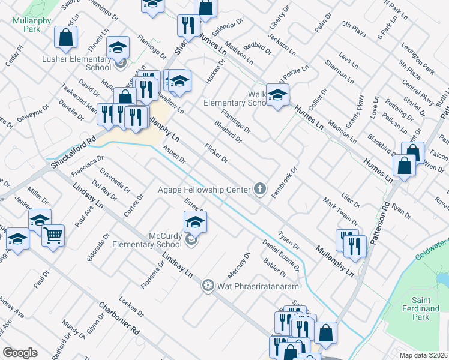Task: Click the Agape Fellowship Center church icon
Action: click(x=260, y=190)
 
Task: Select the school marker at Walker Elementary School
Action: click(x=277, y=95)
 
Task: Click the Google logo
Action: click(x=20, y=353)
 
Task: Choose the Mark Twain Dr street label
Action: click(x=340, y=211)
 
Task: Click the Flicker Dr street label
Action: click(x=216, y=153)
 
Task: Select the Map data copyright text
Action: click(x=420, y=355)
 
